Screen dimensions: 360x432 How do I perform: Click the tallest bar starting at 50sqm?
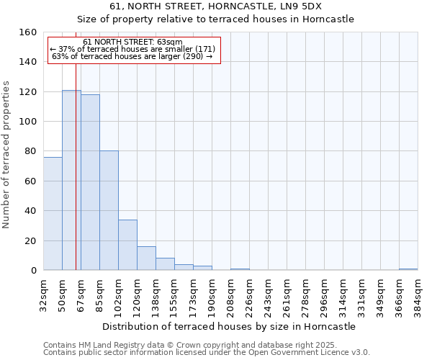pos(71,180)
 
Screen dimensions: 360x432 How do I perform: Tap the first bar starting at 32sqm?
pos(53,214)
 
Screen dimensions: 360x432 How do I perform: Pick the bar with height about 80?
pos(109,210)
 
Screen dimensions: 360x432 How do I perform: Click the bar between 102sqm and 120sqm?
pos(127,245)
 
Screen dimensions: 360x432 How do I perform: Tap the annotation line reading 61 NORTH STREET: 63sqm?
pos(132,42)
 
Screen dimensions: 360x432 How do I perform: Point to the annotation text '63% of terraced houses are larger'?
pos(132,56)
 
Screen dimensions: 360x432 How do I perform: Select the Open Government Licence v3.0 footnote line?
pos(206,353)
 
